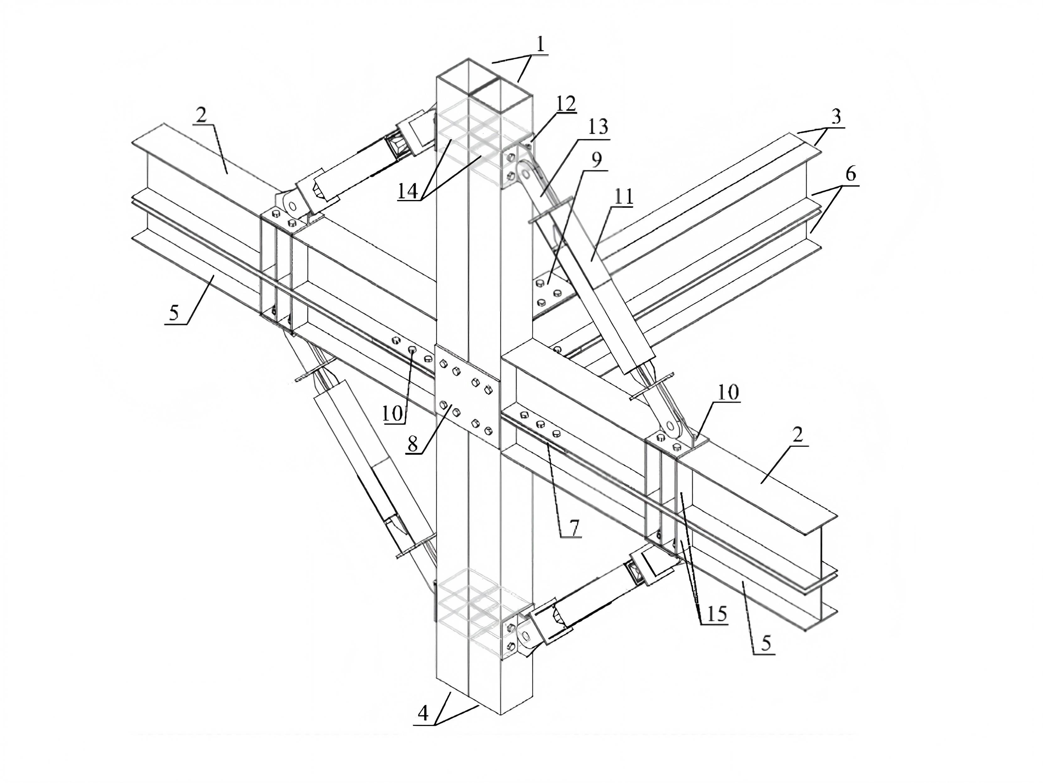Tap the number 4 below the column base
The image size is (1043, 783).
[423, 713]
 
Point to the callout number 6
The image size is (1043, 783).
[850, 175]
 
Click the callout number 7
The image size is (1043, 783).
[574, 527]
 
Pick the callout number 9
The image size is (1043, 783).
[596, 160]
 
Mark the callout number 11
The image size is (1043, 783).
[623, 197]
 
